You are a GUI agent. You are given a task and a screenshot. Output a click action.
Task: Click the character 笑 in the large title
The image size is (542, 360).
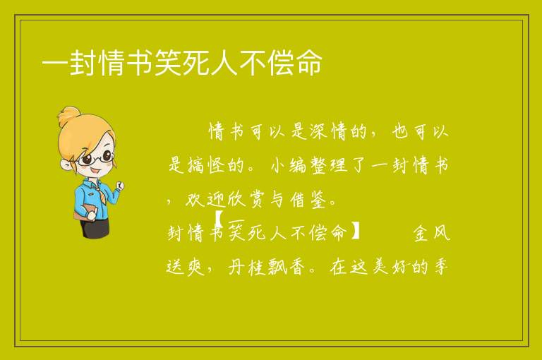pyautogui.click(x=169, y=63)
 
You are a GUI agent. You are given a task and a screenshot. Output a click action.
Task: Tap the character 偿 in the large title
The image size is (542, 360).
pyautogui.click(x=281, y=63)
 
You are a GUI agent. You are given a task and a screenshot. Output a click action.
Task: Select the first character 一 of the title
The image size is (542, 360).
pyautogui.click(x=55, y=64)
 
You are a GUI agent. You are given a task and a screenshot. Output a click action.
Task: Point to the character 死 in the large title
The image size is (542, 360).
pyautogui.click(x=196, y=63)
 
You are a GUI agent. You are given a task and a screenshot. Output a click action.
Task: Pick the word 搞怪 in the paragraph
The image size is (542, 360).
pyautogui.click(x=205, y=165)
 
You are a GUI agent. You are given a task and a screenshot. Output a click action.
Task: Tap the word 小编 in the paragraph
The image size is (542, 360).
pyautogui.click(x=288, y=165)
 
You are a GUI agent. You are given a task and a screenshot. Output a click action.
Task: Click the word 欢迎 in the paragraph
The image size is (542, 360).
pyautogui.click(x=205, y=199)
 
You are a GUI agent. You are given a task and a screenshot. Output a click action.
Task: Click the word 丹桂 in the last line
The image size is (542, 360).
pyautogui.click(x=246, y=267)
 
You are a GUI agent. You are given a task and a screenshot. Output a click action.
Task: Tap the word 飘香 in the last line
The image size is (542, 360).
pyautogui.click(x=287, y=267)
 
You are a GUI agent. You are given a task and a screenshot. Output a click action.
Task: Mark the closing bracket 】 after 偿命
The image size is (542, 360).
pyautogui.click(x=355, y=231)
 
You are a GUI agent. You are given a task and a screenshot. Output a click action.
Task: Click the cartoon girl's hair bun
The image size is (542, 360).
pyautogui.click(x=69, y=116)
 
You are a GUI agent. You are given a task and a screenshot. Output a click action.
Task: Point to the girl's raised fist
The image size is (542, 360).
pyautogui.click(x=120, y=186)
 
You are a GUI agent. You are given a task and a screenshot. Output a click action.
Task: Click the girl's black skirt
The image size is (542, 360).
pyautogui.click(x=95, y=228)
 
